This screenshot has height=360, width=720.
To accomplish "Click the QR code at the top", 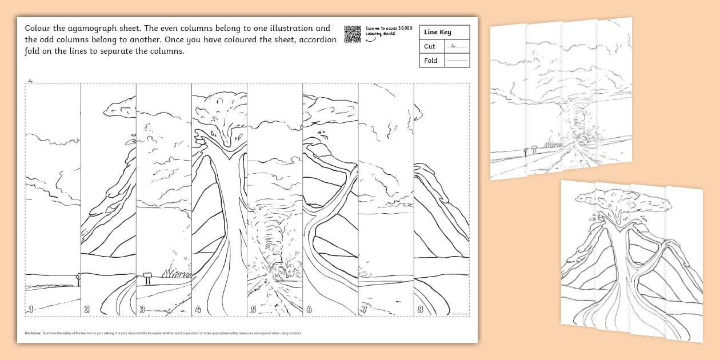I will (353, 34).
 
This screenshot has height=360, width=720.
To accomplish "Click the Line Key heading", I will (437, 33).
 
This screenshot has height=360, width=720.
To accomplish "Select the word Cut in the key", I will (430, 47).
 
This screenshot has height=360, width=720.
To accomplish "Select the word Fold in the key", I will (431, 61).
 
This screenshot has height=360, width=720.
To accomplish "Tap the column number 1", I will (31, 309).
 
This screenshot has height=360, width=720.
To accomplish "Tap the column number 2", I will (87, 309).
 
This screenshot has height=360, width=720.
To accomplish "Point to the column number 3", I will (142, 309).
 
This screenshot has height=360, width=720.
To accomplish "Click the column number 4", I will (198, 309).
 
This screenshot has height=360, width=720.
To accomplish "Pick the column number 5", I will (253, 309).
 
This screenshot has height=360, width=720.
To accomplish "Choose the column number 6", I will (309, 309).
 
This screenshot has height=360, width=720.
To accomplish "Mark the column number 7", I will (364, 309).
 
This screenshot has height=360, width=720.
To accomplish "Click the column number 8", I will (420, 309).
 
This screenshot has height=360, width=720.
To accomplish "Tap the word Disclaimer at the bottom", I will (33, 333).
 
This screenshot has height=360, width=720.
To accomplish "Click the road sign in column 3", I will (147, 277).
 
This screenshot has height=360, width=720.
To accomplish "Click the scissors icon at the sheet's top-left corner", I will (30, 81).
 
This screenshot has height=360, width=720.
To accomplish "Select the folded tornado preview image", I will (561, 97).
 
